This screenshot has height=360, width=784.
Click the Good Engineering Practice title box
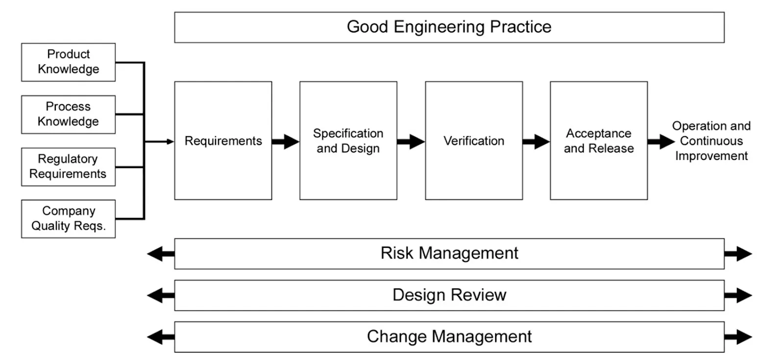pyautogui.click(x=449, y=27)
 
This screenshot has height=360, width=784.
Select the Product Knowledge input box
pyautogui.click(x=68, y=62)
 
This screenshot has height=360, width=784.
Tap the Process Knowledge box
pyautogui.click(x=68, y=114)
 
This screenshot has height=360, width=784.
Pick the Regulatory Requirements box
pyautogui.click(x=68, y=167)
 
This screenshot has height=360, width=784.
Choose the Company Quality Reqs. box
pyautogui.click(x=68, y=218)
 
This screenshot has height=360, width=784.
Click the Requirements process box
pyautogui.click(x=223, y=141)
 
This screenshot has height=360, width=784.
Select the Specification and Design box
pyautogui.click(x=348, y=141)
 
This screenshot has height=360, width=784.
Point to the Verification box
pyautogui.click(x=473, y=141)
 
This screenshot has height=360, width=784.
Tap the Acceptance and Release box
pyautogui.click(x=598, y=141)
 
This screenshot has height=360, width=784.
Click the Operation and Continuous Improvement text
pyautogui.click(x=711, y=141)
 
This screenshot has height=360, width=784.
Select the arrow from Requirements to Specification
pyautogui.click(x=286, y=142)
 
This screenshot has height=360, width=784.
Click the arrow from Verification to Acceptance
pyautogui.click(x=536, y=142)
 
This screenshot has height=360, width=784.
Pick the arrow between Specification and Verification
pyautogui.click(x=411, y=142)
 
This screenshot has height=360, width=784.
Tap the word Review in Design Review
pyautogui.click(x=479, y=295)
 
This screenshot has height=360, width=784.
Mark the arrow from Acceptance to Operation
pyautogui.click(x=661, y=142)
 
